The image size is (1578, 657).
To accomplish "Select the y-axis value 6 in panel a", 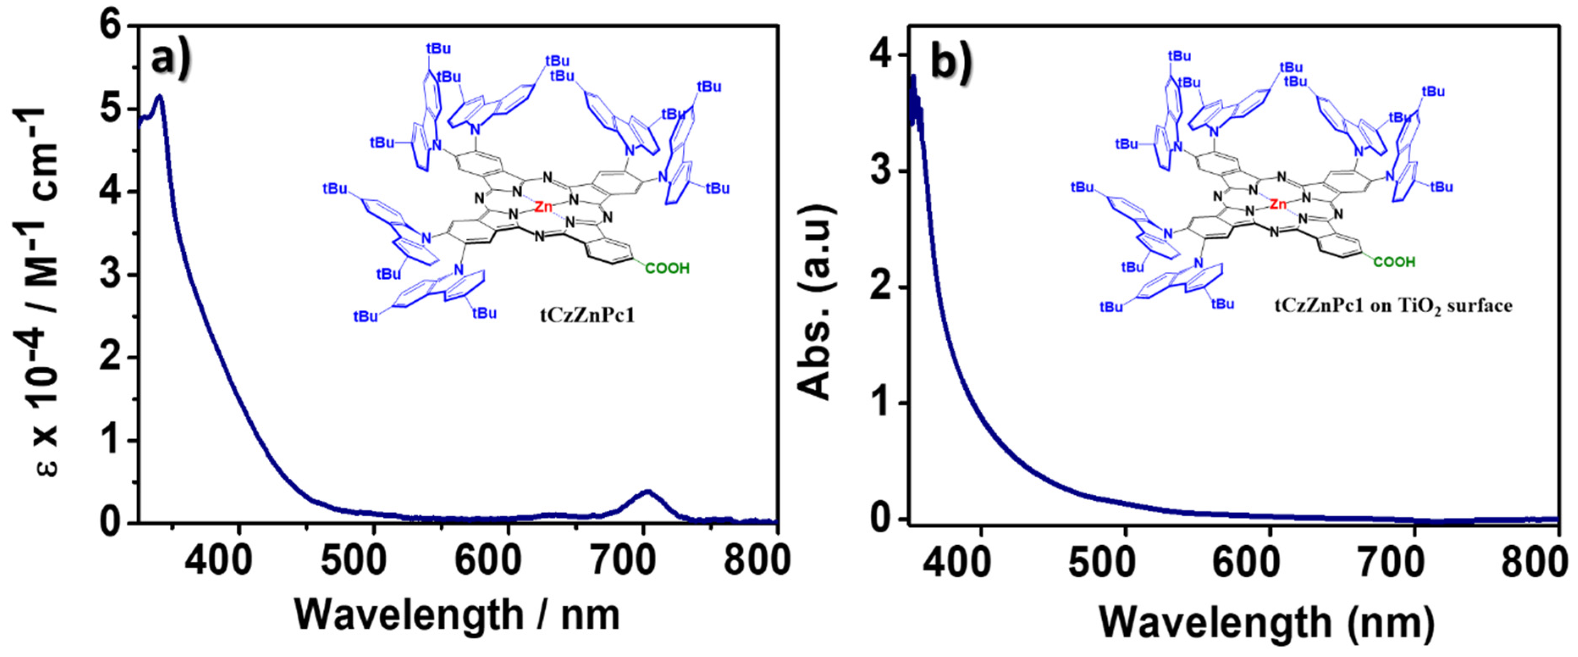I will coord(114,28).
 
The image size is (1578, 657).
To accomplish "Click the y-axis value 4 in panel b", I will coord(880,56).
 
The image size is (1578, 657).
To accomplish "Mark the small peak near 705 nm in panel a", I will coord(647,491).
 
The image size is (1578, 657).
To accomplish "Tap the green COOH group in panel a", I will coord(667,269).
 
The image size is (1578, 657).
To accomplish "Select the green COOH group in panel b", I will coord(1393,262).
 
